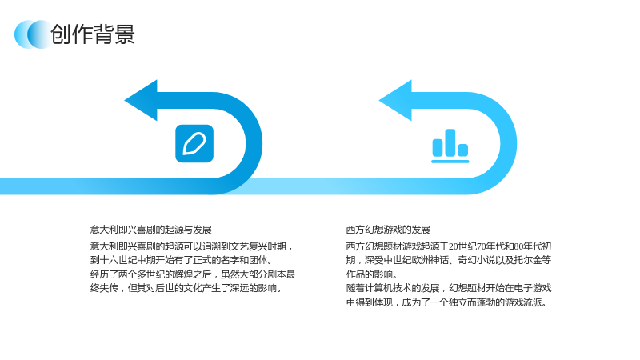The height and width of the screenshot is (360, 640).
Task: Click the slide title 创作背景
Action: pos(93,34)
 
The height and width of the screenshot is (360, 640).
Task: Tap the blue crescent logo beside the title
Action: pos(33,34)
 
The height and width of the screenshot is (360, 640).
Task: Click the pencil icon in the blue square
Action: pos(194,144)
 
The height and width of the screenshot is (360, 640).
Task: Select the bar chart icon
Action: pos(450,146)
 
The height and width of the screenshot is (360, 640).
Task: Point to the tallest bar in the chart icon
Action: pos(450,142)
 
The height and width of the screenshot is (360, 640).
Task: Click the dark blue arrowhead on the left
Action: pos(141,101)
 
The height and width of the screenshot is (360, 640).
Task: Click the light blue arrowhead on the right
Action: pos(395,101)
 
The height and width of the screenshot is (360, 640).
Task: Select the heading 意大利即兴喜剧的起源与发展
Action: pos(151,230)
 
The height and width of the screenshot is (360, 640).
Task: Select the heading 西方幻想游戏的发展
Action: pos(388,230)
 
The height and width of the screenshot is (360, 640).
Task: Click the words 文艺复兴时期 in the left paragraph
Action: pos(258,246)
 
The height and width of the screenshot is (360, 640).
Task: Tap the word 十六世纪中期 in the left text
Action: pos(127,260)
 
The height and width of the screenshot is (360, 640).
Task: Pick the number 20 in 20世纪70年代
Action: pos(454,246)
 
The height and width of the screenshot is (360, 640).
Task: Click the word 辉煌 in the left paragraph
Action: pos(184,274)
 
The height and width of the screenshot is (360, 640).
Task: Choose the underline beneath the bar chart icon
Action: pos(450,162)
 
